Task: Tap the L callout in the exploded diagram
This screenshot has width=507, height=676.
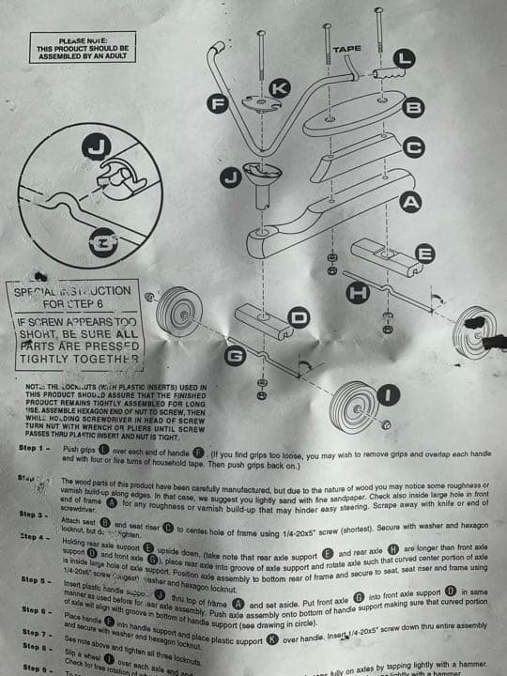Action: click(403, 58)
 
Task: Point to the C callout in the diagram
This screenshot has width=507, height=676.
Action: click(413, 146)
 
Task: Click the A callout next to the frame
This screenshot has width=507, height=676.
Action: click(410, 201)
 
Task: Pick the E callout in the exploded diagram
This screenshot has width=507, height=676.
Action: click(423, 253)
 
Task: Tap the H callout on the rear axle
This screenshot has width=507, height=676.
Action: click(357, 293)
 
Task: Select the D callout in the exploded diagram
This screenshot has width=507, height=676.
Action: click(299, 319)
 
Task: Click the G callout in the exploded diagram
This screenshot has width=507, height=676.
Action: click(235, 355)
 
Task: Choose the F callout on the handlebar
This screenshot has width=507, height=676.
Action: click(223, 104)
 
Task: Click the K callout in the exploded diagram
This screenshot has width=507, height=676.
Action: click(279, 87)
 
